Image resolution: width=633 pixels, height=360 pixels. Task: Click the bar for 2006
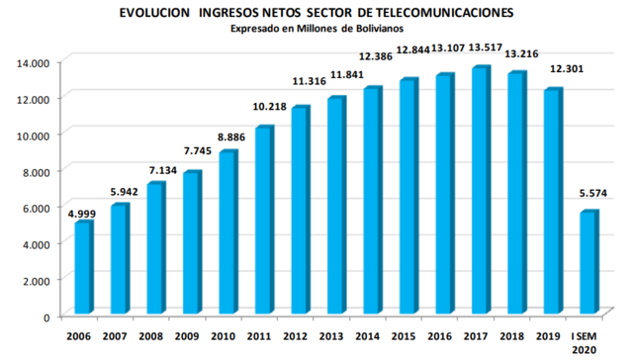(83, 269)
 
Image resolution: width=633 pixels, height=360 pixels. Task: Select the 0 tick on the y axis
(46, 316)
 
